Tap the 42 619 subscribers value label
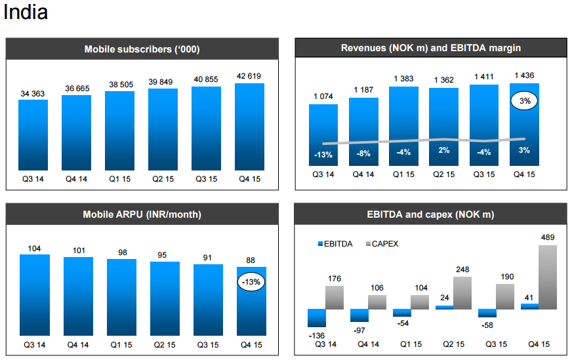249,75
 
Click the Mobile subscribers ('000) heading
142,49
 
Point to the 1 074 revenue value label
323,96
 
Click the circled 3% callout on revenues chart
524,102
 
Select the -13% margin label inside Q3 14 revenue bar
323,155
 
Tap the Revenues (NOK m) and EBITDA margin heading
431,48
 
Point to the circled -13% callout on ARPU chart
250,282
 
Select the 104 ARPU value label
34,248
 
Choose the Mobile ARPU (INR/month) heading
142,214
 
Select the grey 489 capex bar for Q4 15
548,277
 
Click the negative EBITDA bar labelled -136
316,317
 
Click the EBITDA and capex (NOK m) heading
431,214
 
